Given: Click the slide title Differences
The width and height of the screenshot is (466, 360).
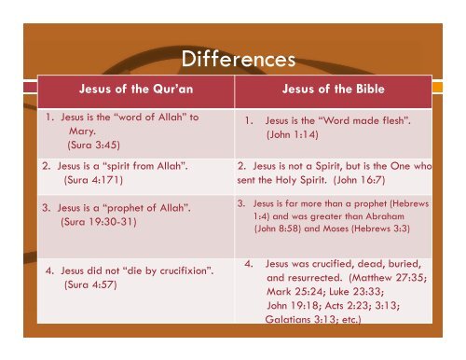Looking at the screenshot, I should point(233,59).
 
